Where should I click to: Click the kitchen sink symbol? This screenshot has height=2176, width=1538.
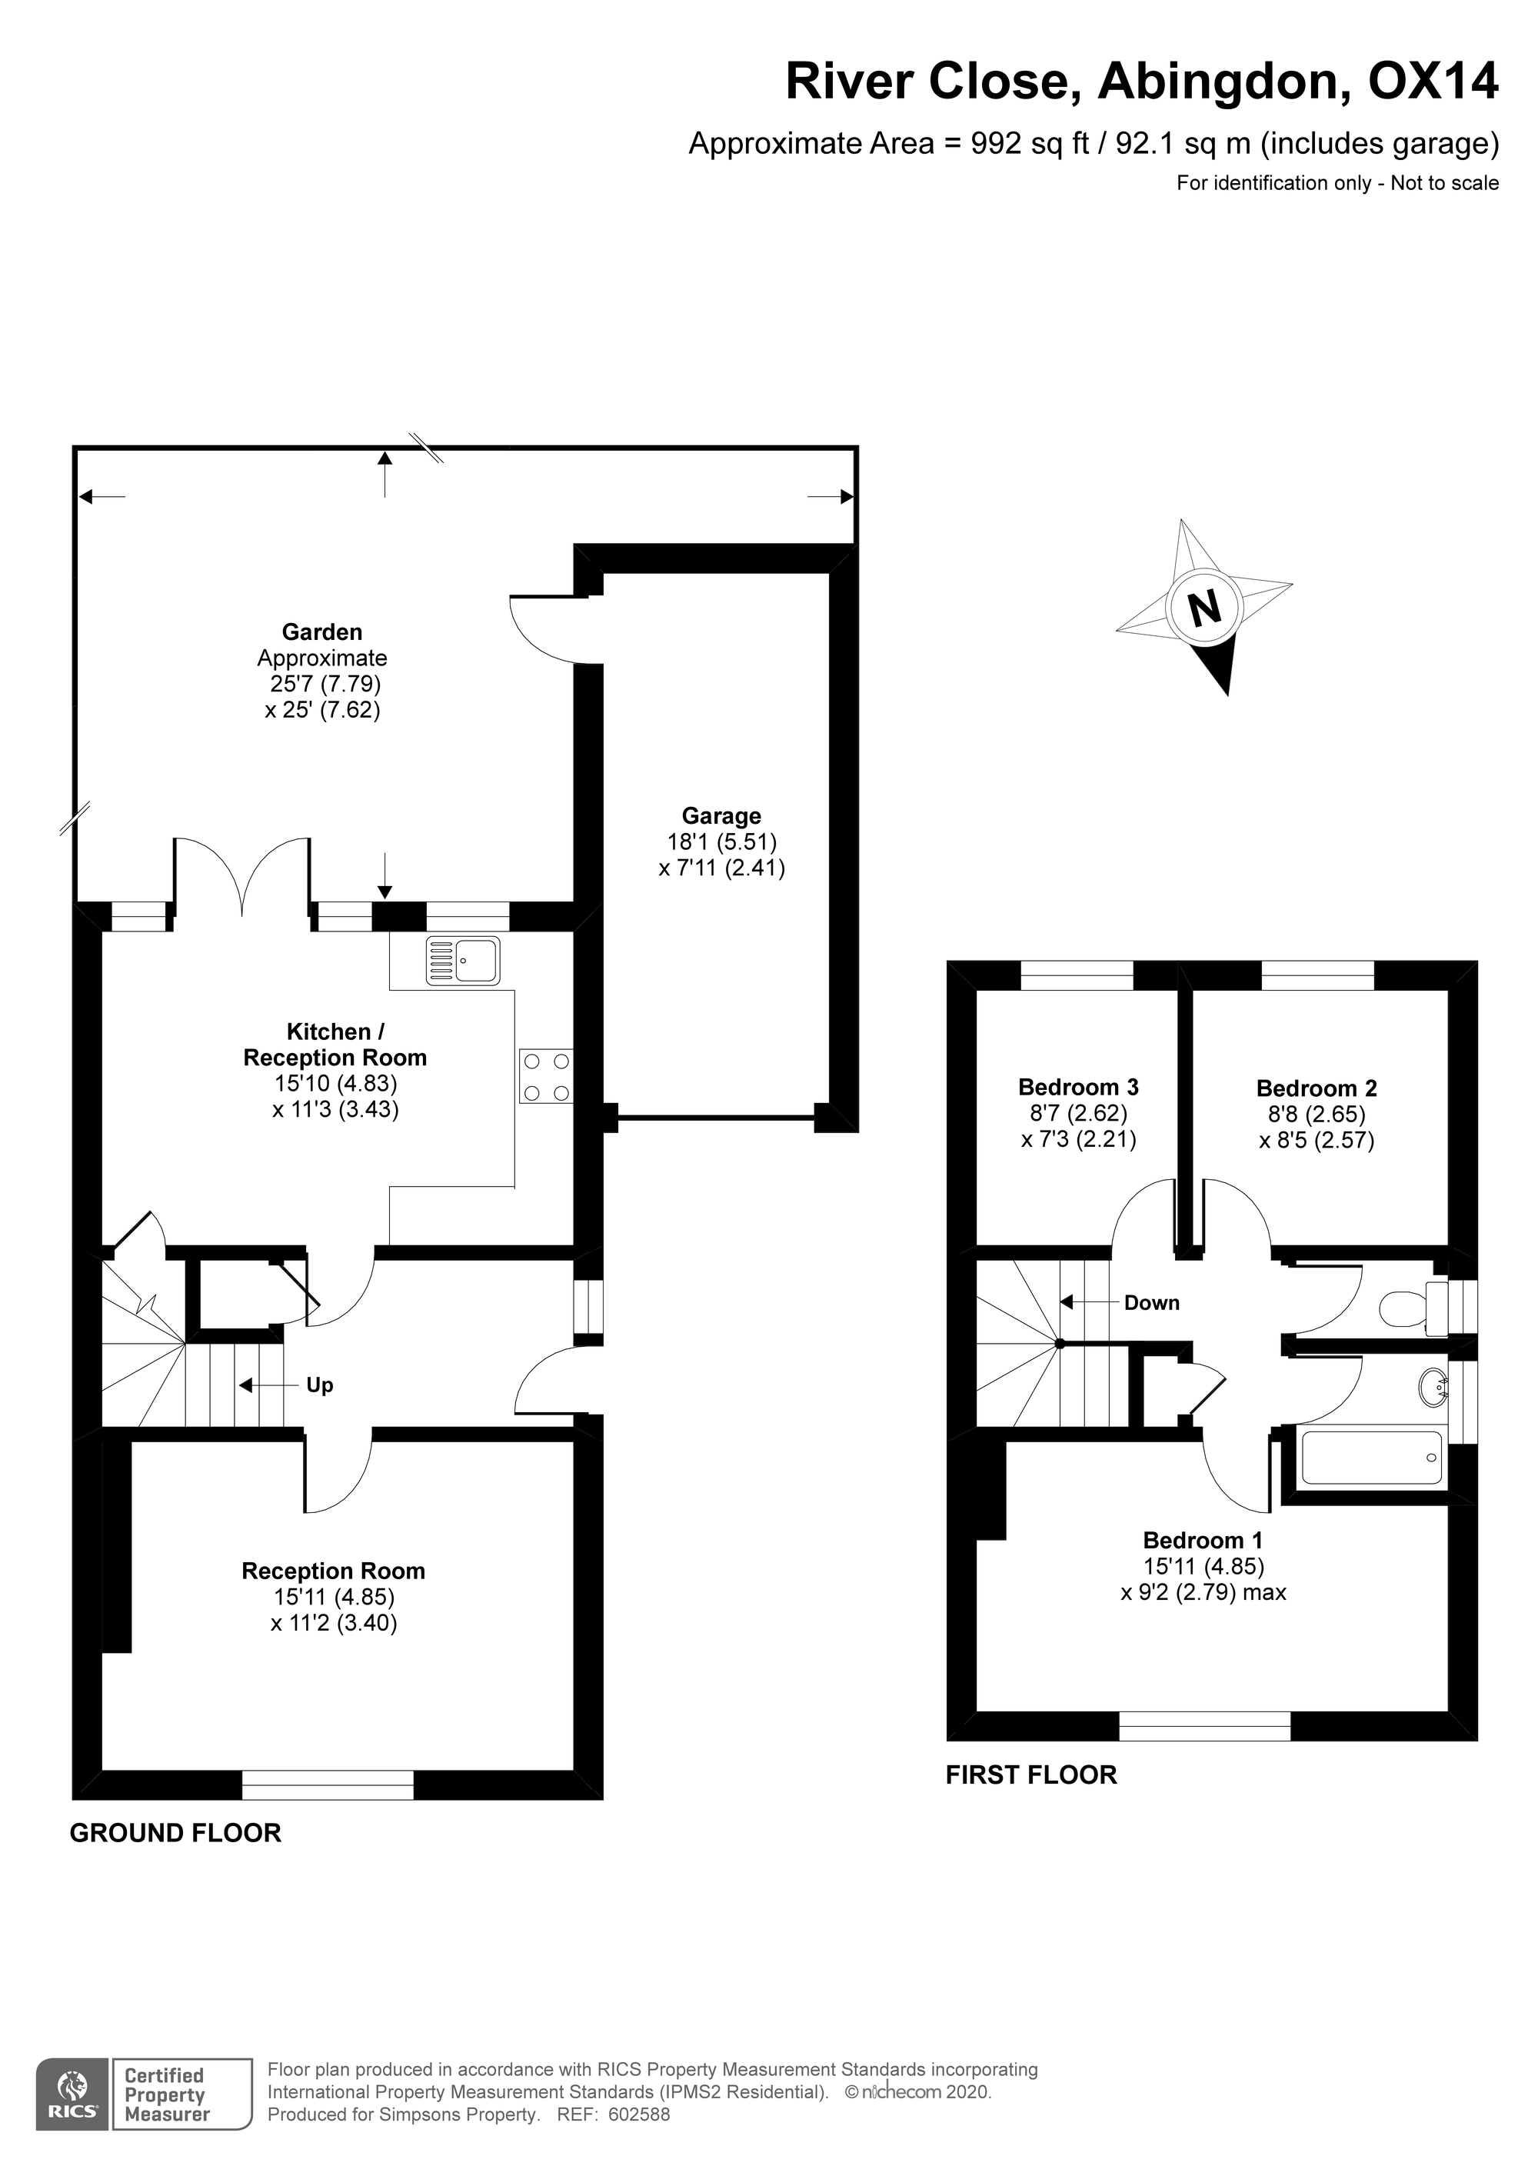(x=462, y=960)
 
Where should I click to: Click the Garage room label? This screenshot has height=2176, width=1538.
(x=721, y=816)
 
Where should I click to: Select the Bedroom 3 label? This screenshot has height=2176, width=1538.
(x=1078, y=1087)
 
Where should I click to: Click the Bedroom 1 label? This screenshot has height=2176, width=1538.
(x=1203, y=1541)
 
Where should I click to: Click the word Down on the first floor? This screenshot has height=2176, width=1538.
(x=1151, y=1303)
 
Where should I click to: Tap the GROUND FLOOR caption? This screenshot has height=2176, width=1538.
(x=175, y=1833)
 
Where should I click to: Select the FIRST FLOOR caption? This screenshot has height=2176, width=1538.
(x=1031, y=1775)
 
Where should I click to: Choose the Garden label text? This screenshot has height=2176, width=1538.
(x=322, y=632)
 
